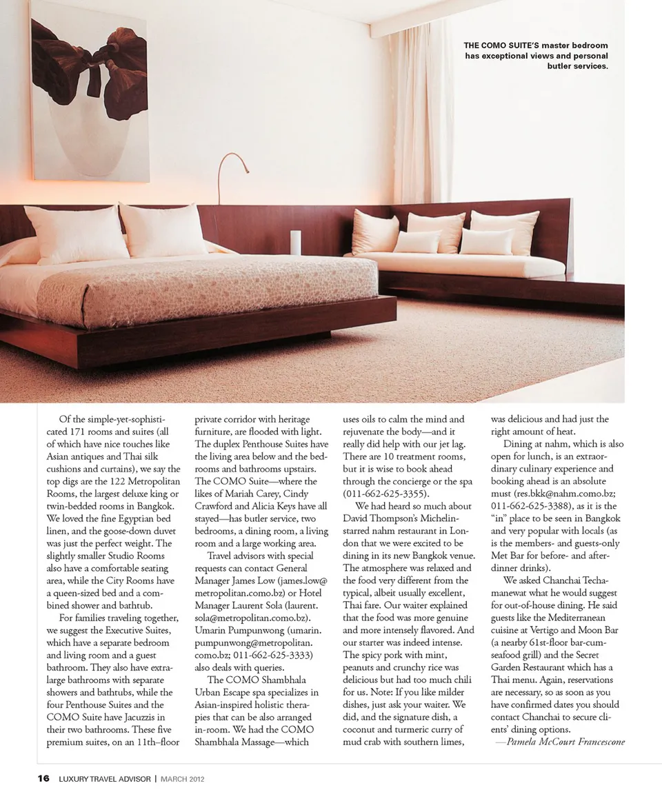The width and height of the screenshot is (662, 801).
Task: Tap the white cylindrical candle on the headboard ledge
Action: pyautogui.click(x=296, y=242)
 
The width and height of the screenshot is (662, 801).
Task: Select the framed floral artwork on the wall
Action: pyautogui.click(x=90, y=91)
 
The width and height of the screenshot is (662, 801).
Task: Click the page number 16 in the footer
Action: pyautogui.click(x=43, y=779)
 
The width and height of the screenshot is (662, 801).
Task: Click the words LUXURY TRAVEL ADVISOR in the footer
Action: pyautogui.click(x=104, y=779)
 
